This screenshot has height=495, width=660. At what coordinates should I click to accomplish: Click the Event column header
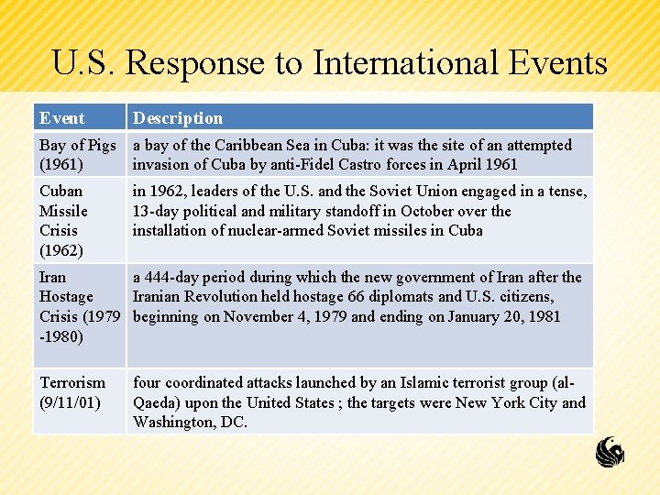[62, 118]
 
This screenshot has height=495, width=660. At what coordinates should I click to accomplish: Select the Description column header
[178, 118]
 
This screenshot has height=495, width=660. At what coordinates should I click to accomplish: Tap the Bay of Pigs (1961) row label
[77, 155]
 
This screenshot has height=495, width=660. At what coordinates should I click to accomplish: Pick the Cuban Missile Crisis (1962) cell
[63, 220]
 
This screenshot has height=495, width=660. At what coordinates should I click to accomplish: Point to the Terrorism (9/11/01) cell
[72, 391]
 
